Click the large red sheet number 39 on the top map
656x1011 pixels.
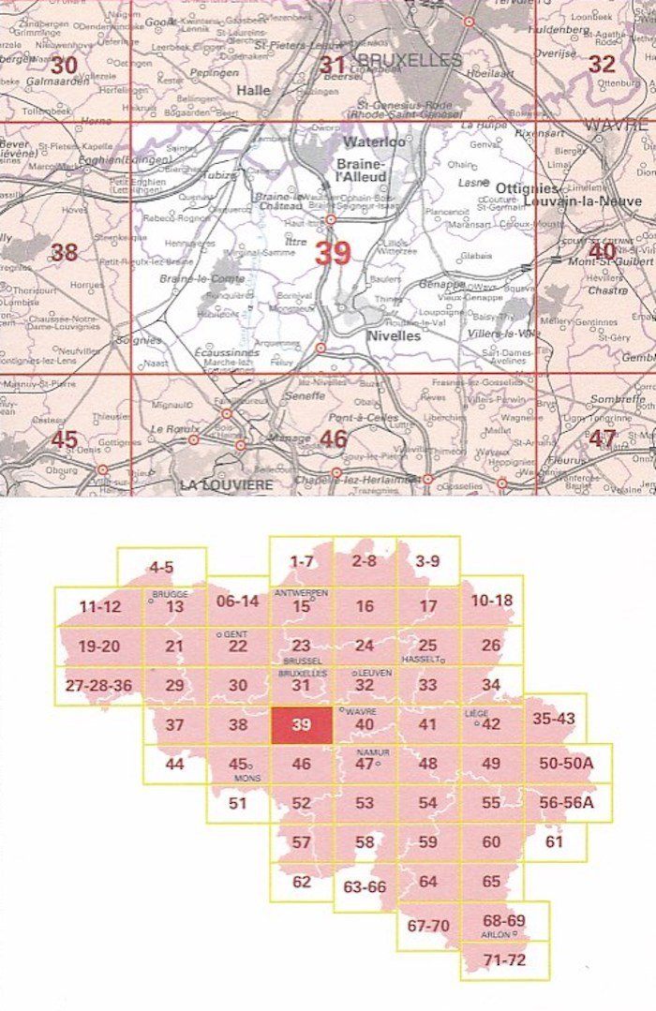click(x=334, y=253)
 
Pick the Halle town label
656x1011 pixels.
click(x=255, y=91)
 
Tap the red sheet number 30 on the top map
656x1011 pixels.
click(x=64, y=66)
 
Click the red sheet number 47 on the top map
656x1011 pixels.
click(x=603, y=439)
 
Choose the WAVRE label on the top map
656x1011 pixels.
click(x=615, y=125)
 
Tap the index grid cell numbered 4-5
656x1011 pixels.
click(x=161, y=567)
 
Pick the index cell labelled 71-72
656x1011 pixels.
click(x=504, y=959)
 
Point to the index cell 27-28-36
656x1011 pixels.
click(x=97, y=685)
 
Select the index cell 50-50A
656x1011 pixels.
click(x=567, y=764)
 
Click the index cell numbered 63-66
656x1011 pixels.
click(x=365, y=886)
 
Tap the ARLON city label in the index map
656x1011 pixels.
click(x=499, y=934)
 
